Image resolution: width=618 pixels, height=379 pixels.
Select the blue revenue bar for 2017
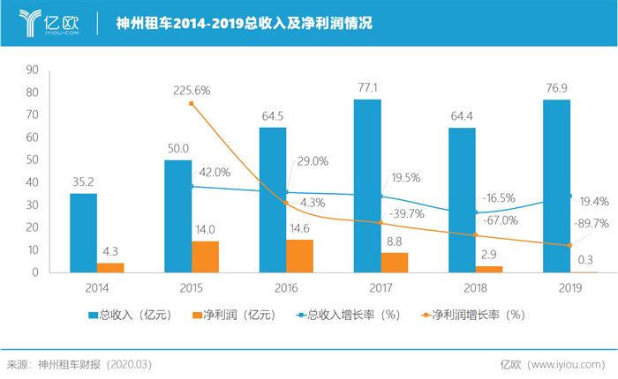click(x=367, y=185)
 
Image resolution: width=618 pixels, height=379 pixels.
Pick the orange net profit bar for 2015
click(x=205, y=256)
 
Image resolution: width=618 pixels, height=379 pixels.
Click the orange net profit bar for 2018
click(x=489, y=269)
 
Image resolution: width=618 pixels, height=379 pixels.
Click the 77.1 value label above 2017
click(x=367, y=88)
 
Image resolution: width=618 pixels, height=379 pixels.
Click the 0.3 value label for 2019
click(x=584, y=259)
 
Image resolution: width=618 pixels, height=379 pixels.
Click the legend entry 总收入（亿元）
click(x=131, y=315)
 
